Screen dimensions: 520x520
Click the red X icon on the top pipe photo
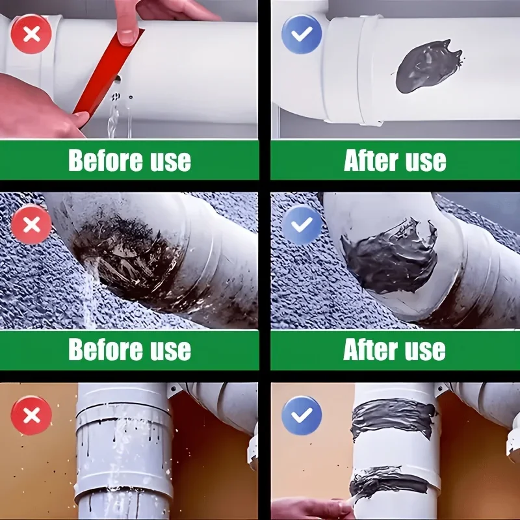pos(31,34)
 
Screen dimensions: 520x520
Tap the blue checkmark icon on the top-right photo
pos(302,34)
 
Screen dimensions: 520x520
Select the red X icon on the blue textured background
pos(31,224)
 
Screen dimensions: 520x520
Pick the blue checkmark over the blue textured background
pos(302,224)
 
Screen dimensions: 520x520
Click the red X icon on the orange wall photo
pos(31,415)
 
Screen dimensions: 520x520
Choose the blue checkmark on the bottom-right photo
pos(302,415)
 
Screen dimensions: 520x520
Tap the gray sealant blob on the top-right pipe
pos(428,67)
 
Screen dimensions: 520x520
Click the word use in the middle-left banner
pos(170,350)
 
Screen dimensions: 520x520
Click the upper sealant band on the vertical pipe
pos(394,419)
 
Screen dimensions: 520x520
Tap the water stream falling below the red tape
pos(112,116)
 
